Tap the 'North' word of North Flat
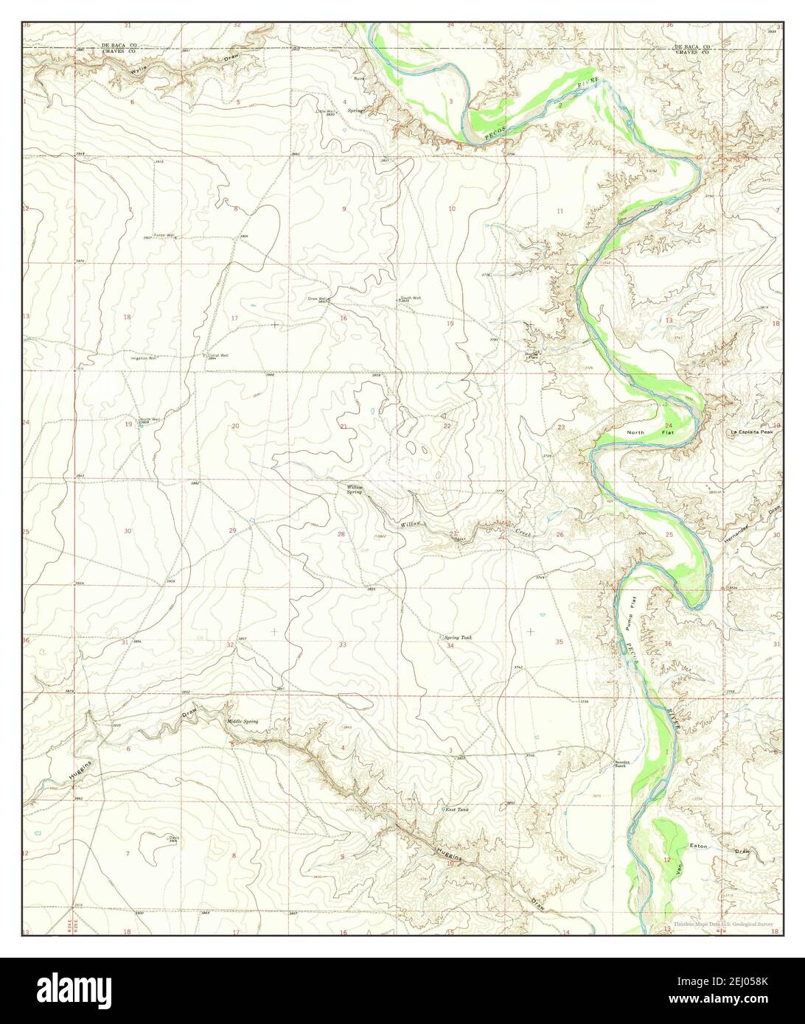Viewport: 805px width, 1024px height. click(635, 432)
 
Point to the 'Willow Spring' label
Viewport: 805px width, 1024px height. click(355, 489)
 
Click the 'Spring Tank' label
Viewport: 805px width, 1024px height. click(457, 637)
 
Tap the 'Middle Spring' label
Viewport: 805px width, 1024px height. click(243, 721)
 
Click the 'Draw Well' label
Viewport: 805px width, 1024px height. click(318, 298)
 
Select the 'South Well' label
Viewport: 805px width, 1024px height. click(411, 298)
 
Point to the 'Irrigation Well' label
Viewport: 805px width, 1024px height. click(144, 358)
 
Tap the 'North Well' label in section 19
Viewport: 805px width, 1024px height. click(150, 419)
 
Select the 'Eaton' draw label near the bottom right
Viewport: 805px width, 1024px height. click(698, 846)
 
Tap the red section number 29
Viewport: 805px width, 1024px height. click(233, 531)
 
